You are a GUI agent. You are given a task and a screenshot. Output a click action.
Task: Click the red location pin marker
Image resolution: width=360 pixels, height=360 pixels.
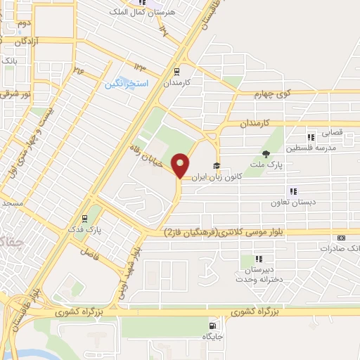click(181, 165)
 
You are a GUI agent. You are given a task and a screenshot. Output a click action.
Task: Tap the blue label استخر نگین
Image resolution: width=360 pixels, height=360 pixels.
click(127, 84)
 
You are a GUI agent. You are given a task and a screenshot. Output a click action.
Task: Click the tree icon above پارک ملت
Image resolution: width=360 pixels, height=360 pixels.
click(265, 154)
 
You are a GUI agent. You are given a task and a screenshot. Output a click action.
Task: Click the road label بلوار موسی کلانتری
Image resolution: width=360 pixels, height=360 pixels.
click(211, 233)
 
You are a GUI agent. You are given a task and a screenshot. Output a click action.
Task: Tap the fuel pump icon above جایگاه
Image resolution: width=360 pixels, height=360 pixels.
click(212, 326)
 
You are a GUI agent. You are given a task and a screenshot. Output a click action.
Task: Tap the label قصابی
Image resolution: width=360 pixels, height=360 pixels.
click(331, 131)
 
